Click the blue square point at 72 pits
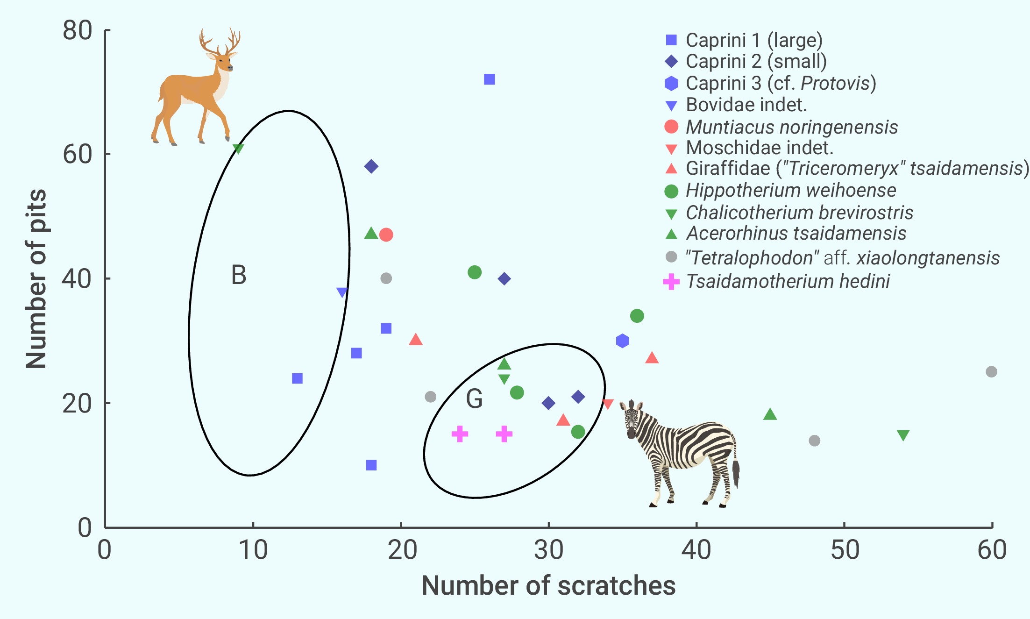pyautogui.click(x=489, y=79)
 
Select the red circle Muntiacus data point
pyautogui.click(x=386, y=235)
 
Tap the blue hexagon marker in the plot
pyautogui.click(x=622, y=341)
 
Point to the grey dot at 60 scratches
pyautogui.click(x=991, y=372)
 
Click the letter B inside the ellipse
pyautogui.click(x=239, y=275)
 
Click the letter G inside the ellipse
pyautogui.click(x=474, y=399)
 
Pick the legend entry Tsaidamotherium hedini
pyautogui.click(x=788, y=282)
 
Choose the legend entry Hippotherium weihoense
pyautogui.click(x=790, y=191)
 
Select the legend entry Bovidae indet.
pyautogui.click(x=746, y=105)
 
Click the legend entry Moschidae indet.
pyautogui.click(x=759, y=148)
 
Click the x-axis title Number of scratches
pyautogui.click(x=548, y=586)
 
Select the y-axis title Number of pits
pyautogui.click(x=36, y=279)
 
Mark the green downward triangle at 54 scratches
pyautogui.click(x=903, y=435)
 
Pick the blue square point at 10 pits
pyautogui.click(x=371, y=465)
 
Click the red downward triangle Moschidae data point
pyautogui.click(x=607, y=404)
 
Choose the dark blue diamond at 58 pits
pyautogui.click(x=371, y=166)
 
